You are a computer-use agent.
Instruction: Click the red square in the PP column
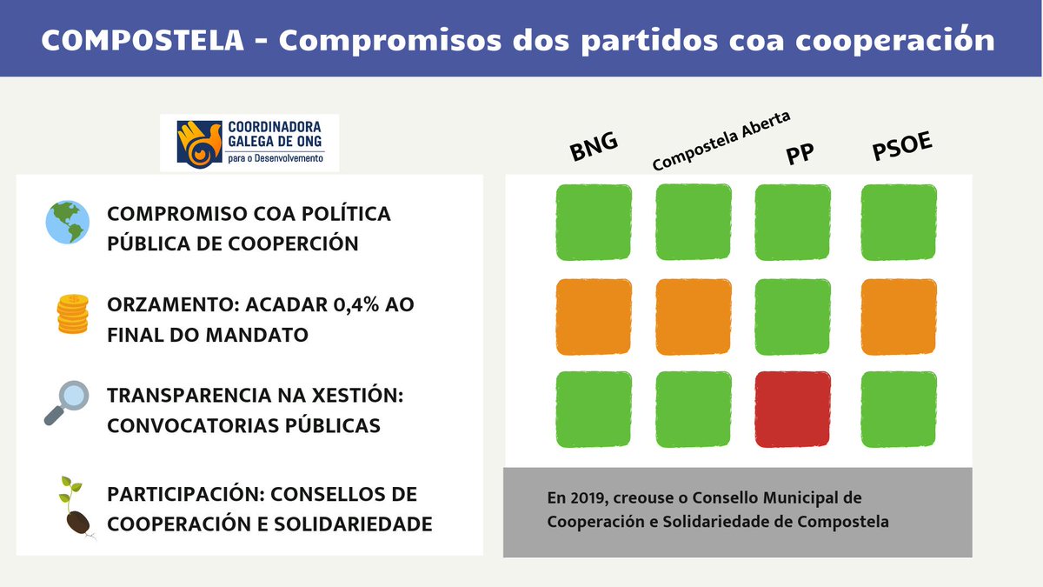793,409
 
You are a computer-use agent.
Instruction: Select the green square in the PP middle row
793,317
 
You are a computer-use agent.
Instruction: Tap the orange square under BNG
594,317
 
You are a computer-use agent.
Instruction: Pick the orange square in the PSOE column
899,317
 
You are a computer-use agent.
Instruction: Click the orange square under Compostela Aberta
694,317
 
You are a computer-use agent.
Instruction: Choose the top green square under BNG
594,222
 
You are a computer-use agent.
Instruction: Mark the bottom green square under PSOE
899,409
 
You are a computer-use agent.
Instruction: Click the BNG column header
594,149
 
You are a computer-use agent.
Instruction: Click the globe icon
68,223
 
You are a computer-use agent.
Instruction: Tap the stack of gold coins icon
72,314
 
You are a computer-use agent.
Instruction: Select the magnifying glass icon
66,403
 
